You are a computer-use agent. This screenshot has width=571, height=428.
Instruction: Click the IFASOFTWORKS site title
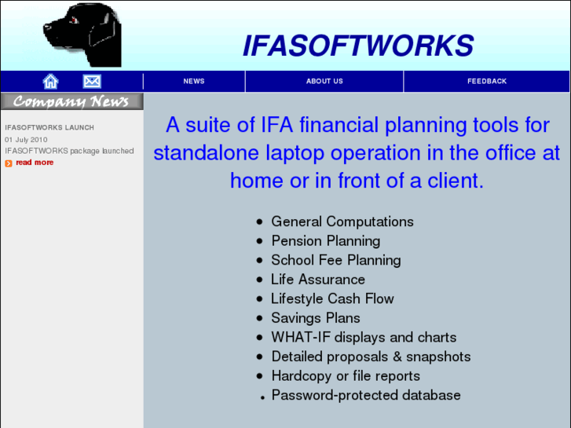357,46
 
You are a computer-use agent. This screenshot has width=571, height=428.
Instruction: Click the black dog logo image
82,35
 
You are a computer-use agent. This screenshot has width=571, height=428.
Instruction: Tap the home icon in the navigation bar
51,81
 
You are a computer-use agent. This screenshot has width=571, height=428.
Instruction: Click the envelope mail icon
92,81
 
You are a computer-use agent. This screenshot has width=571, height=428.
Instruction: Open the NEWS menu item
194,81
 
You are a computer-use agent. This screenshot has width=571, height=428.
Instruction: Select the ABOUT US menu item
324,81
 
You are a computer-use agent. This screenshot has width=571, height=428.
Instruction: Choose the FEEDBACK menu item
487,81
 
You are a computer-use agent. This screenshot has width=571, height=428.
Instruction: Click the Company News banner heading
71,101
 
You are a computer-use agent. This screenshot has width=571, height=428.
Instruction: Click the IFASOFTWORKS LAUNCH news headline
49,127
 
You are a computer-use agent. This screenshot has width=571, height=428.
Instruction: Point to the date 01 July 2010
26,139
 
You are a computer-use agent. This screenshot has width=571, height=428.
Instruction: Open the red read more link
35,163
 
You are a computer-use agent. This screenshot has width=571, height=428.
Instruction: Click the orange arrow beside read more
9,163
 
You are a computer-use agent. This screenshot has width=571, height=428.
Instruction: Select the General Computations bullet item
342,221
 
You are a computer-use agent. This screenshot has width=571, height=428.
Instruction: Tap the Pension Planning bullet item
325,241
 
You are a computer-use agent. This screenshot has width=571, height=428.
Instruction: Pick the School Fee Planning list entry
335,260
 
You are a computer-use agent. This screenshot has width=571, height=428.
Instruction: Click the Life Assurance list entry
317,280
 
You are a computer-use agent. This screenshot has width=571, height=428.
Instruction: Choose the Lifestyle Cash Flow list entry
332,298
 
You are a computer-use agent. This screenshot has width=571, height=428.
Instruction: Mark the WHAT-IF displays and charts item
363,337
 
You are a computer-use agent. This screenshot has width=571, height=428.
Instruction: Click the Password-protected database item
365,395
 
